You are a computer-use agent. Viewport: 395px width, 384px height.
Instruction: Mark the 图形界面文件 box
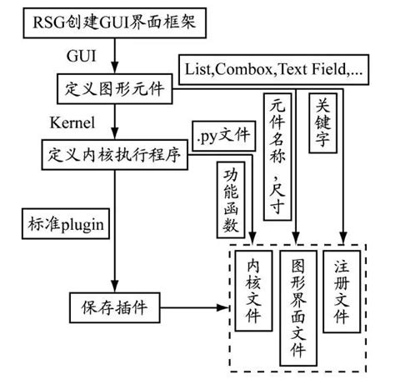pos(297,306)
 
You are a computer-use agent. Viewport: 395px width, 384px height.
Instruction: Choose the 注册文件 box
pos(342,292)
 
